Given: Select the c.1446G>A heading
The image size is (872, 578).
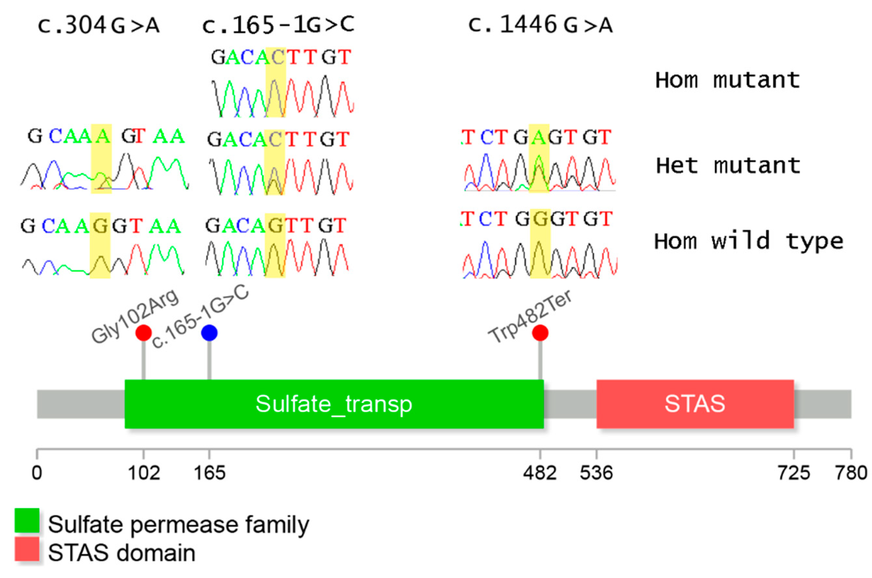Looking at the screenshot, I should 540,25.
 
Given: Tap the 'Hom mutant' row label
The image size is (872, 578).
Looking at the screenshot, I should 727,80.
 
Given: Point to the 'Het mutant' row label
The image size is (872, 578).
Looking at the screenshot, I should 728,166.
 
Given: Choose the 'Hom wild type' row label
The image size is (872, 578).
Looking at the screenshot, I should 748,241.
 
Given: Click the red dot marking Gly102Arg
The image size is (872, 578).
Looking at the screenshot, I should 143,333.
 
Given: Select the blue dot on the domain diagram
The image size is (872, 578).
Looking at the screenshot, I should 209,333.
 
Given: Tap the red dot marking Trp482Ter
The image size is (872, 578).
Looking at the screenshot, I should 540,333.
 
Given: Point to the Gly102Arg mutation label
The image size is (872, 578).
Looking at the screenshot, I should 135,316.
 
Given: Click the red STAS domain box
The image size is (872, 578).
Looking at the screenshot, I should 695,404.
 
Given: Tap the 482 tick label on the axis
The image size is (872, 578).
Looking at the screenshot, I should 540,473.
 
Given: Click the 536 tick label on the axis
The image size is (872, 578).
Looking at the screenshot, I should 596,473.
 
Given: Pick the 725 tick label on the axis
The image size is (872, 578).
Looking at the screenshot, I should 794,473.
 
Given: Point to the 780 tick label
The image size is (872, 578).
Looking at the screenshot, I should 851,473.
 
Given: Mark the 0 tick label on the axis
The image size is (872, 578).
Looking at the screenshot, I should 37,473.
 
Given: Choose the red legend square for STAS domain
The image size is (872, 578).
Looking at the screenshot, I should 27,549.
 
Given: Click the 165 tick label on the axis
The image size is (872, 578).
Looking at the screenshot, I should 209,473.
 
